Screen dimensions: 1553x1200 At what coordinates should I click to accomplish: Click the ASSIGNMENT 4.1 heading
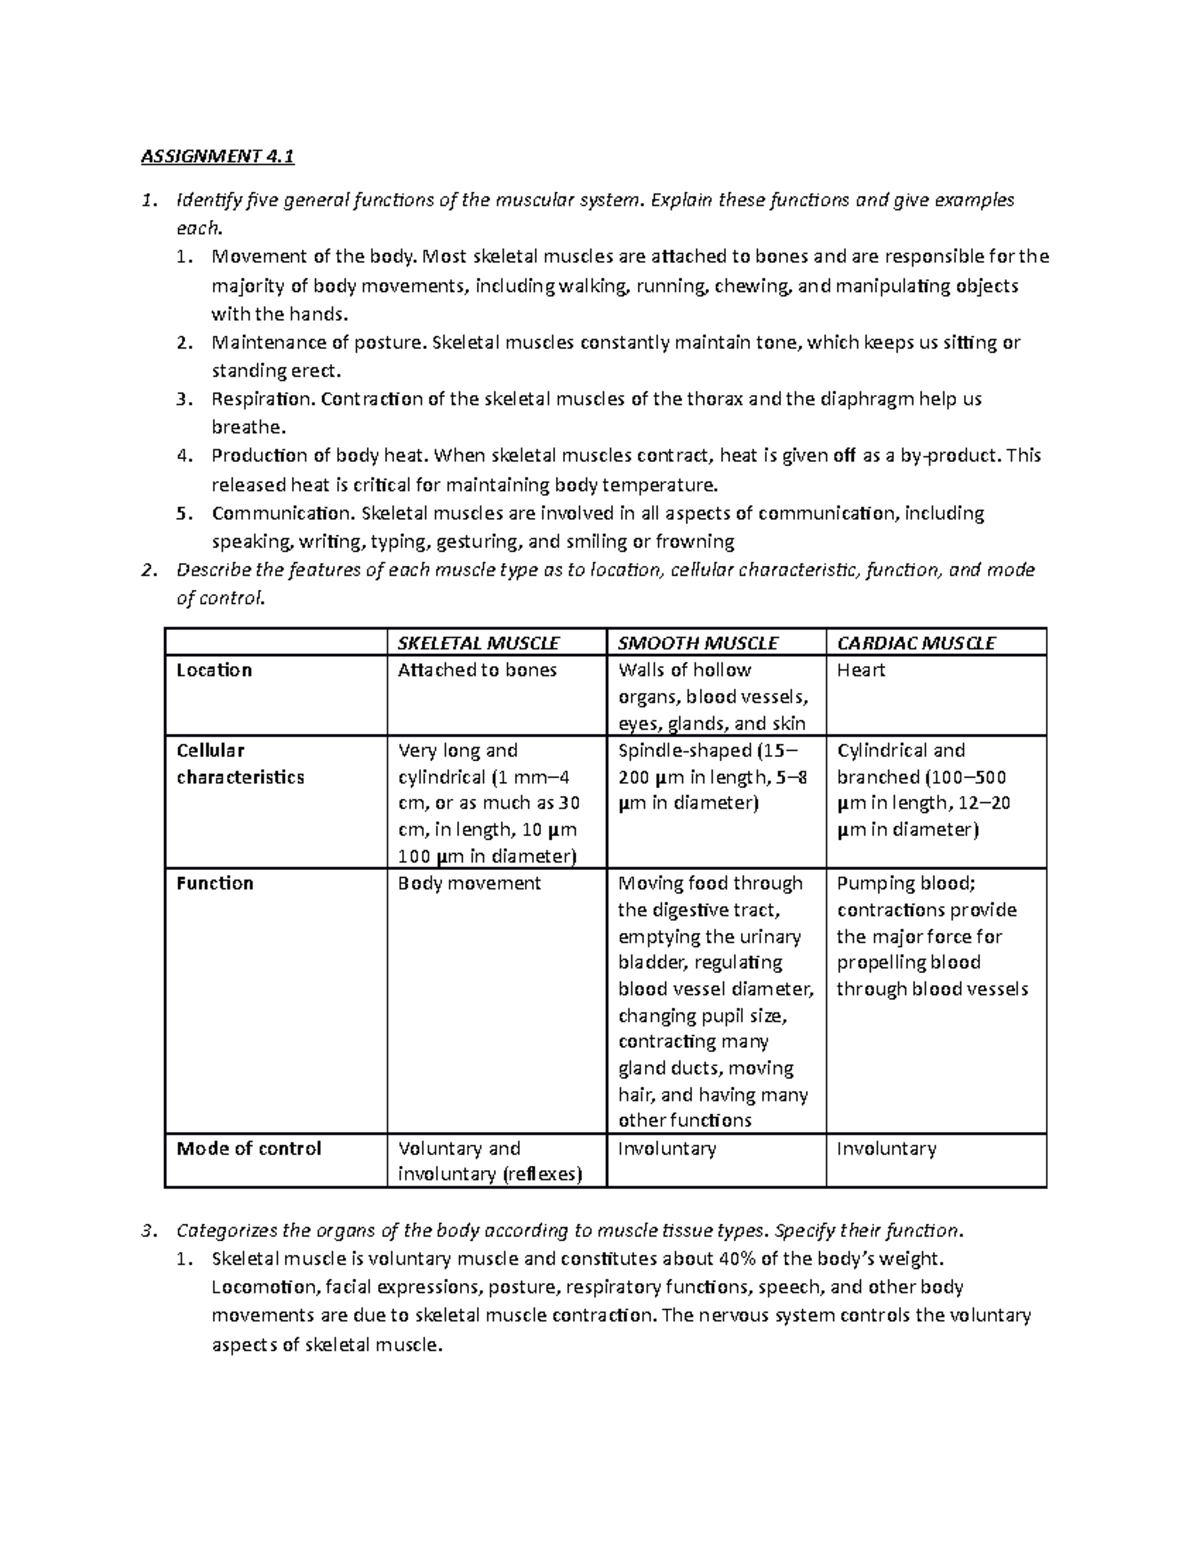pos(219,157)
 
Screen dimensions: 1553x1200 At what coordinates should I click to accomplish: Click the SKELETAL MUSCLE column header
pos(478,643)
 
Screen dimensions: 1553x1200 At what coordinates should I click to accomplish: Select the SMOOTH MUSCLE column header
pos(698,643)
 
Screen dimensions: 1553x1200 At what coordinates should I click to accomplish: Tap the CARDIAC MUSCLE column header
pos(915,643)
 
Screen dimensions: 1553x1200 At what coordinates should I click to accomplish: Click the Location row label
pos(214,670)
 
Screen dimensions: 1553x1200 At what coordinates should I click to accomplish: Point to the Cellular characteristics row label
pos(240,764)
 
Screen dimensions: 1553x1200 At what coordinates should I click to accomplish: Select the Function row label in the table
pos(215,883)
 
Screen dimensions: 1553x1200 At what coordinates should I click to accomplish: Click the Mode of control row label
pos(249,1148)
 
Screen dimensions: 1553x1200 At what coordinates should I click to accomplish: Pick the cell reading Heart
pos(861,670)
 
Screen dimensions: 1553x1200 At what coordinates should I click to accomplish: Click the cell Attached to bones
pos(477,670)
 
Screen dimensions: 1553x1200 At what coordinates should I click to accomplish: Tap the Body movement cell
pos(469,883)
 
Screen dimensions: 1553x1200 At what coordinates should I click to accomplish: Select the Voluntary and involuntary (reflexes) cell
pos(489,1161)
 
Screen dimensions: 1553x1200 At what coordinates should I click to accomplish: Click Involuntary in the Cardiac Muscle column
pos(886,1148)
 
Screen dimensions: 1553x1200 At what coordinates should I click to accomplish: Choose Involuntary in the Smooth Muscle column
pos(667,1148)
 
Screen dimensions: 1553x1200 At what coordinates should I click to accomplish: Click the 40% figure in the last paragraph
pos(707,1258)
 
